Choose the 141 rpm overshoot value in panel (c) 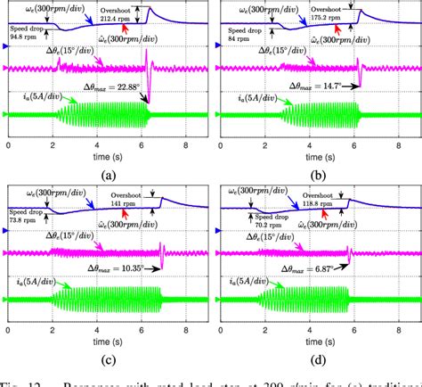click(116, 202)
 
